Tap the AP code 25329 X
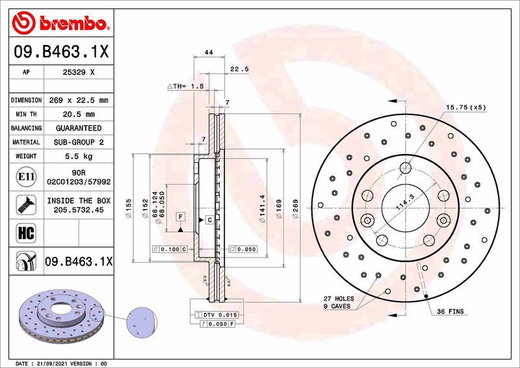[79, 72]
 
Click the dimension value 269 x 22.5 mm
[79, 101]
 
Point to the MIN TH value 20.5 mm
[79, 114]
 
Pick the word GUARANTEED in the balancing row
[79, 128]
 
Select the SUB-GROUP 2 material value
[79, 142]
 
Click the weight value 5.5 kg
[79, 156]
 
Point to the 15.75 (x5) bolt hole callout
[465, 107]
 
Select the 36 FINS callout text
[450, 312]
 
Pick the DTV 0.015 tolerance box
[217, 315]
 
